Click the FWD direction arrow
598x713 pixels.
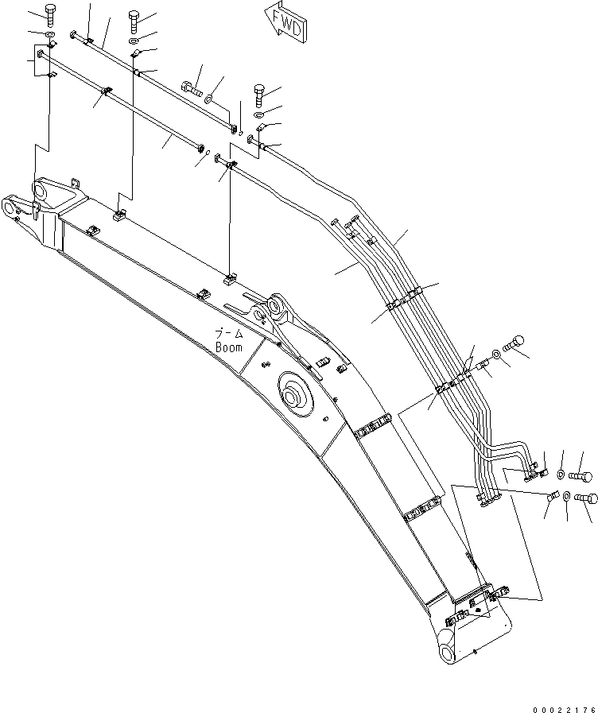282,23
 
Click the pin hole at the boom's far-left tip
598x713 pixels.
11,209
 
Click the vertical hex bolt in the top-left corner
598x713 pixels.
50,14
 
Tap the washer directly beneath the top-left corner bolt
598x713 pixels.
50,36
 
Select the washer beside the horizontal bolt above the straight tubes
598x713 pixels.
209,99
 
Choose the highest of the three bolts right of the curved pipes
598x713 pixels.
516,343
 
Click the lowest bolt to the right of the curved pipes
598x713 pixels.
584,498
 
